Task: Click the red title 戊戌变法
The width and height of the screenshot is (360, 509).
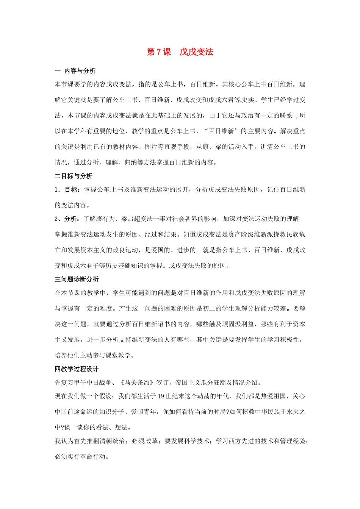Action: tap(196, 52)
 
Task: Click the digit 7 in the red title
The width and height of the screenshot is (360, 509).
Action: tap(158, 52)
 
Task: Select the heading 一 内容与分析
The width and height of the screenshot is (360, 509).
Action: tap(75, 71)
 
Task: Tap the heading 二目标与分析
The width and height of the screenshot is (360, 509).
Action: tap(74, 176)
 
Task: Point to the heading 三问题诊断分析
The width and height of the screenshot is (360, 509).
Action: tap(77, 279)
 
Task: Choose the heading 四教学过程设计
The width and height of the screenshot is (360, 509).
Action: tap(77, 369)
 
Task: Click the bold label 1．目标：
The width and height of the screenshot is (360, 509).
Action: tap(67, 190)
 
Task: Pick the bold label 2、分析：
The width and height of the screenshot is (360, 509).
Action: tap(67, 219)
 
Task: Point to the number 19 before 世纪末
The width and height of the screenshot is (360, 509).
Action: tap(161, 397)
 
